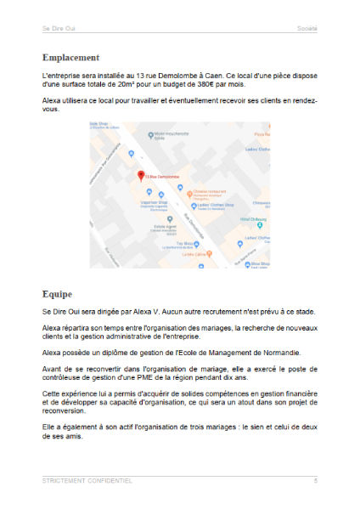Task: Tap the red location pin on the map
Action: [x=142, y=174]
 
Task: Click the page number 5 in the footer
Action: [x=315, y=481]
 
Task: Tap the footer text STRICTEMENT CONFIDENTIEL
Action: [x=87, y=481]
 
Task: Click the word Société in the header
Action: [x=307, y=28]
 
